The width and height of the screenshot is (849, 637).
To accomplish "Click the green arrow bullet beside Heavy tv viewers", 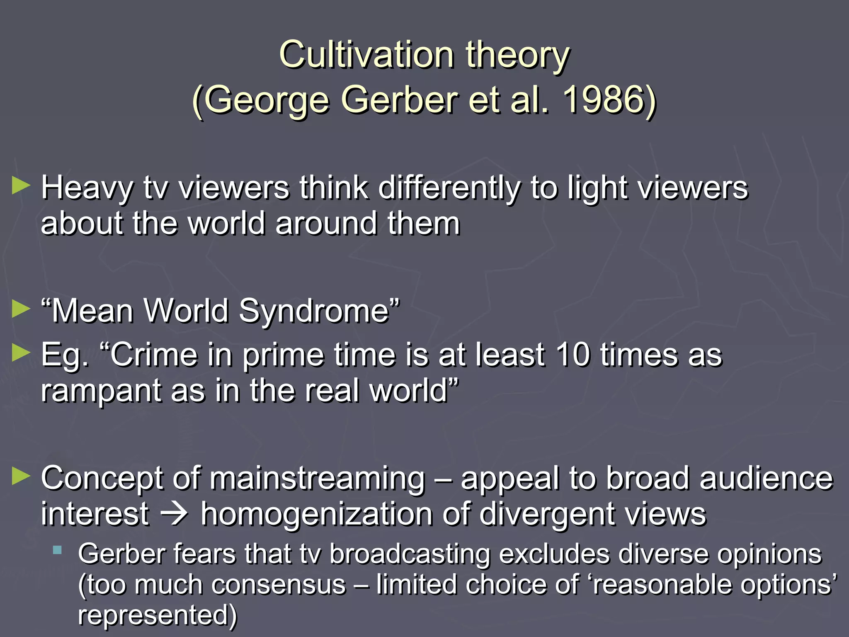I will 21,185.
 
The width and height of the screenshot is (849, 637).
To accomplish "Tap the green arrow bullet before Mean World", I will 21,309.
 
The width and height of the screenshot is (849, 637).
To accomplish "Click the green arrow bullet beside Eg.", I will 21,353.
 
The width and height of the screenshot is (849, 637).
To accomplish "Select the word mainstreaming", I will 318,479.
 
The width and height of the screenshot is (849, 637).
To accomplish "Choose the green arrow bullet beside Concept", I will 21,476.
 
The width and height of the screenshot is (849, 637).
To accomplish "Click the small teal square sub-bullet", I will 58,551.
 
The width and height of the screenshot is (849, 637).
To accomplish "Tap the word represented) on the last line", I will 158,615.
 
